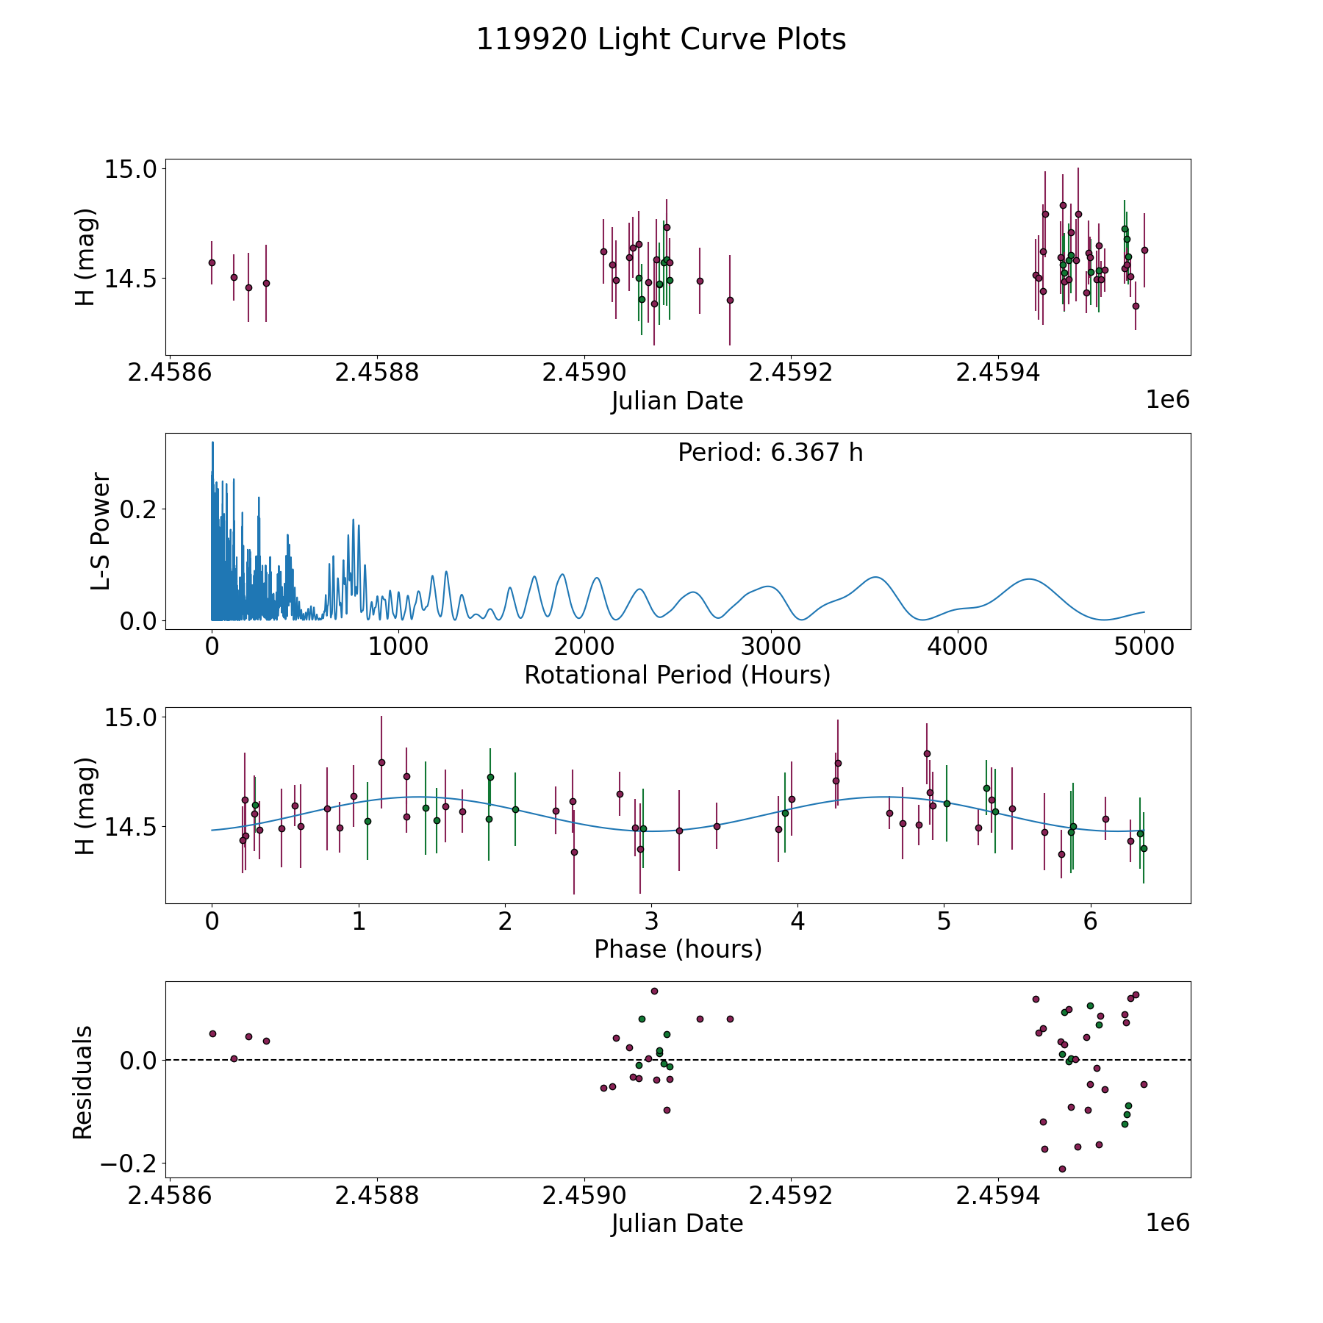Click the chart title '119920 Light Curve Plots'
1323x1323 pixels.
pos(661,40)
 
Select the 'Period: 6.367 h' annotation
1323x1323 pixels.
pos(770,453)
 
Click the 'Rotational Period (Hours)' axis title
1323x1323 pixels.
pos(677,675)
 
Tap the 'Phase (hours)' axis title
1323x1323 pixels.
pos(678,949)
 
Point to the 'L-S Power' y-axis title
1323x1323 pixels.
pos(101,531)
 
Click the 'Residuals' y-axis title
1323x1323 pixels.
pos(82,1082)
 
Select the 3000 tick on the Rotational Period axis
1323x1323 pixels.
pos(771,647)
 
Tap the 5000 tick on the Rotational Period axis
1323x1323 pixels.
pos(1144,647)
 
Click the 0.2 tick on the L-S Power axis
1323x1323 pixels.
pos(138,509)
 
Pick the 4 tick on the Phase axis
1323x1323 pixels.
pos(797,921)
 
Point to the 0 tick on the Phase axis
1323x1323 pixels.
pos(212,921)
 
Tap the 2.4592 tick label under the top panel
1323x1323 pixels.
pos(790,373)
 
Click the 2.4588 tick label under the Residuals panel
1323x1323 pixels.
pos(376,1196)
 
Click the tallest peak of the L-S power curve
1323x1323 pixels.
pos(212,442)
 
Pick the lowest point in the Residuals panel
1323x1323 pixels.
pos(1062,1169)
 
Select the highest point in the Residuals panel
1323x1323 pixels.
pos(654,991)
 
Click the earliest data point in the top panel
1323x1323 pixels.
pos(212,262)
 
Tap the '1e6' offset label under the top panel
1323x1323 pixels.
pos(1167,400)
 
